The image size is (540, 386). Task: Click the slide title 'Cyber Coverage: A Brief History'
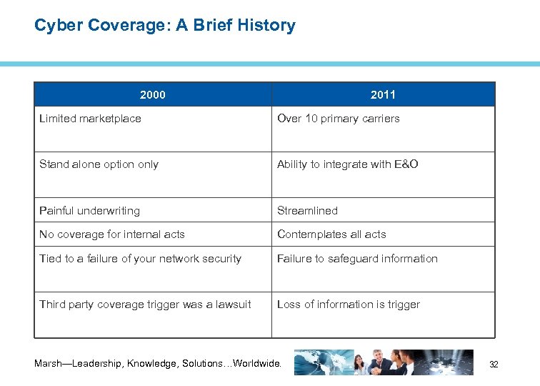pyautogui.click(x=164, y=26)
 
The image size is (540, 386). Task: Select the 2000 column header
pyautogui.click(x=153, y=94)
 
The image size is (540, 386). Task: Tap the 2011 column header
pyautogui.click(x=383, y=94)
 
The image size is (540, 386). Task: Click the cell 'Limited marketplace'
pyautogui.click(x=90, y=119)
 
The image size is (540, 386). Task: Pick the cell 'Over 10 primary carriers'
pyautogui.click(x=338, y=119)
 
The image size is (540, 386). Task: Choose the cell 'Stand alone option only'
pyautogui.click(x=99, y=164)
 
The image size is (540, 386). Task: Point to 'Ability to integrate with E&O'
pyautogui.click(x=347, y=164)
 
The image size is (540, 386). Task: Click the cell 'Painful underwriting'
pyautogui.click(x=89, y=211)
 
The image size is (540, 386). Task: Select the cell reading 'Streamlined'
pyautogui.click(x=307, y=211)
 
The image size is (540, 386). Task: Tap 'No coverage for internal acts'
pyautogui.click(x=111, y=234)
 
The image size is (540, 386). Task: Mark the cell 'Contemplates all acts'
pyautogui.click(x=331, y=234)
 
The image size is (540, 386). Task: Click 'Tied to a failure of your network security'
pyautogui.click(x=140, y=259)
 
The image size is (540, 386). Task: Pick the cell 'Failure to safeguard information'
pyautogui.click(x=357, y=259)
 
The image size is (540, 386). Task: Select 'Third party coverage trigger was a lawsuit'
pyautogui.click(x=145, y=305)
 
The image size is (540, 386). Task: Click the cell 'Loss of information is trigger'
pyautogui.click(x=348, y=305)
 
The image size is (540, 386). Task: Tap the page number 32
pyautogui.click(x=493, y=365)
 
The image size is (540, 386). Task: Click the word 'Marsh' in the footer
pyautogui.click(x=49, y=364)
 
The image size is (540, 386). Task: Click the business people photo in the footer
pyautogui.click(x=386, y=362)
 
